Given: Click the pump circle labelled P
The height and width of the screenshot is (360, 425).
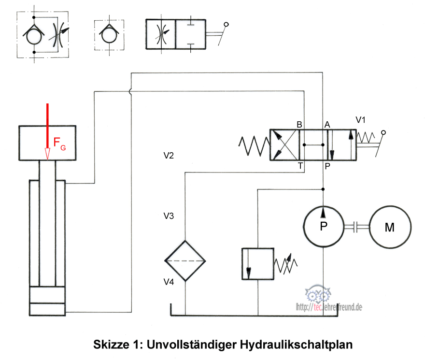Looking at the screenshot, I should click(x=323, y=226).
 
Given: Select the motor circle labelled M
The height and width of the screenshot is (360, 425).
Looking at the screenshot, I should click(x=390, y=227).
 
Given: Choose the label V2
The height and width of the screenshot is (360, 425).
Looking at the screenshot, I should click(x=169, y=156).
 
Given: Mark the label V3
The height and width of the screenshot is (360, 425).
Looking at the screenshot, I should click(x=169, y=216).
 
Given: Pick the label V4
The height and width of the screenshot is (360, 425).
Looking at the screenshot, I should click(x=169, y=282).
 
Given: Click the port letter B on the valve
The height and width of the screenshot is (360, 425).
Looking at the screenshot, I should click(x=299, y=125).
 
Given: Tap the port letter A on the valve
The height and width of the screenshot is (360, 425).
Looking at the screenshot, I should click(x=327, y=125).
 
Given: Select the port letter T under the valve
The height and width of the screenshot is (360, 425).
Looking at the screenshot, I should click(x=300, y=165).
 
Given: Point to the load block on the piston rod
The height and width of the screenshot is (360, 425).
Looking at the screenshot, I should click(x=47, y=143).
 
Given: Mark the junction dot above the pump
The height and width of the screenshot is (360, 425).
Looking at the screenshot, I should click(x=323, y=189).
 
